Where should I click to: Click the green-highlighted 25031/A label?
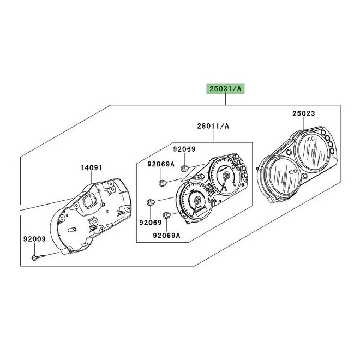click(x=225, y=88)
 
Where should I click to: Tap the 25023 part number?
click(x=304, y=113)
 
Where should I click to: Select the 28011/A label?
click(x=213, y=126)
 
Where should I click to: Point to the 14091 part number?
click(x=92, y=168)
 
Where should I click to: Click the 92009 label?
click(x=34, y=239)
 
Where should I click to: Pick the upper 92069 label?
click(x=184, y=149)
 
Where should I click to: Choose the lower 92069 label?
click(x=151, y=222)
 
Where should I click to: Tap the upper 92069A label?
click(x=161, y=164)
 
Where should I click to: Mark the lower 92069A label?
click(x=167, y=235)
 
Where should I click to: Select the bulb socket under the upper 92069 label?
click(x=184, y=169)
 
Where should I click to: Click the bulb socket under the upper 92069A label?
click(x=163, y=183)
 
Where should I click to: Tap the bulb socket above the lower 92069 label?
click(x=151, y=202)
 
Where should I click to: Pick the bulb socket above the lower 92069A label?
click(x=167, y=215)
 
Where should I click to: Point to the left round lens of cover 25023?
click(x=282, y=177)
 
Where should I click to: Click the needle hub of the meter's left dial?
click(x=197, y=201)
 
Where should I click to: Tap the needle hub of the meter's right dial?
click(x=226, y=176)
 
